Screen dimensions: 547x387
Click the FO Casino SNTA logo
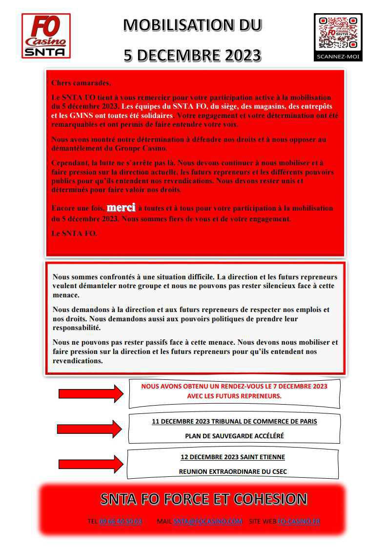tap(46, 36)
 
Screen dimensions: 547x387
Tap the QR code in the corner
tap(338, 33)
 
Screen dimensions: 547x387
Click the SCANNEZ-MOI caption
tap(338, 57)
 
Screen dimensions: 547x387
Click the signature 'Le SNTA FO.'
tap(74, 234)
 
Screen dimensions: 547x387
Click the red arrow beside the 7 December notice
tap(91, 393)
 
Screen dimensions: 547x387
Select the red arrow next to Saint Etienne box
tap(91, 464)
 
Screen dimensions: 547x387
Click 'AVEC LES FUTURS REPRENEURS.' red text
tap(234, 396)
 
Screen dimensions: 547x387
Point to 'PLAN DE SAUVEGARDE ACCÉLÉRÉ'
tap(234, 436)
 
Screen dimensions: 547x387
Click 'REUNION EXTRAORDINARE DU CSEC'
tap(233, 471)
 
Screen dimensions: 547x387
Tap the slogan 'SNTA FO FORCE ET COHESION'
tap(204, 499)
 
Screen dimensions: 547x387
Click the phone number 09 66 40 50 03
tap(120, 521)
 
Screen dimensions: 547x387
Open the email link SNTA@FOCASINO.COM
tap(207, 521)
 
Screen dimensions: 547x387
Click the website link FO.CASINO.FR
tap(299, 521)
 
